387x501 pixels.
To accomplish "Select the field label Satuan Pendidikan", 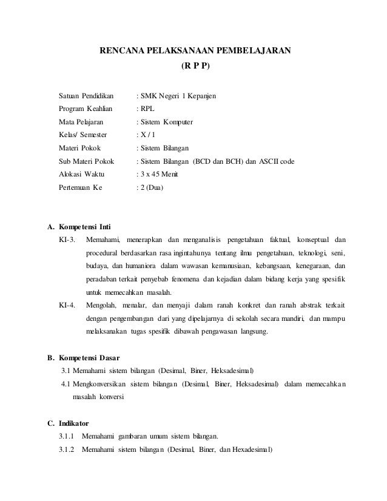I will pos(82,96).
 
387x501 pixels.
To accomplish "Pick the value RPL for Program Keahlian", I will pos(147,109).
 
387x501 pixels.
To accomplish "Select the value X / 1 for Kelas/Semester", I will pos(148,135).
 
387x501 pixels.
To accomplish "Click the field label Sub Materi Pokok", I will pos(86,161).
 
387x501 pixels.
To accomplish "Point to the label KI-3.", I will pos(67,240).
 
